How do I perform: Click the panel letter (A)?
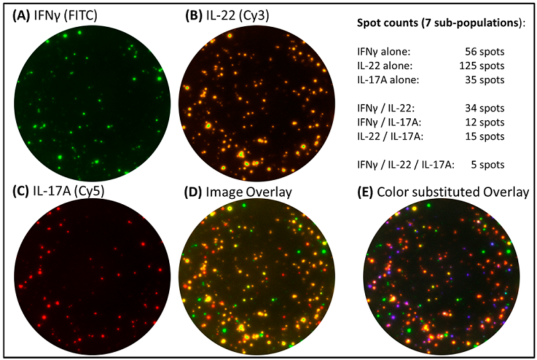click(19, 15)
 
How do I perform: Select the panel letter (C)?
click(19, 193)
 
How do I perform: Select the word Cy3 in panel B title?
click(252, 15)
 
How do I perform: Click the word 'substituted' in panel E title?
click(459, 193)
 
